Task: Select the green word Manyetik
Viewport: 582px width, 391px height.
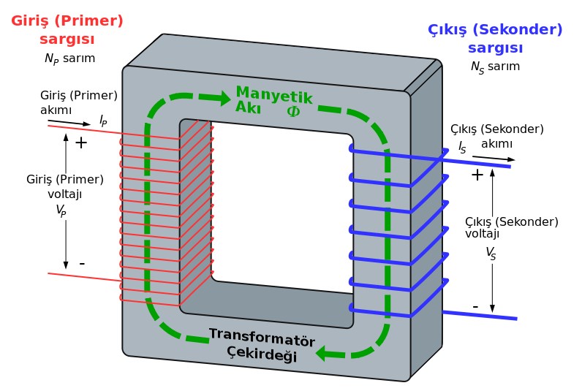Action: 274,96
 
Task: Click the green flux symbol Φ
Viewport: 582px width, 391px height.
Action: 293,112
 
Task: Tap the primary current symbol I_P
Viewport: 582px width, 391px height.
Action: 103,120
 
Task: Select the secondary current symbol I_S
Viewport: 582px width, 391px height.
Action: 462,147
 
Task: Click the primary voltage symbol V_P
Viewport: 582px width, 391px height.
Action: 61,210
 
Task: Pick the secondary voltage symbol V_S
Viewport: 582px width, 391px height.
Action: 490,253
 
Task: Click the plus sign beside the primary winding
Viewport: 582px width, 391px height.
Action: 81,143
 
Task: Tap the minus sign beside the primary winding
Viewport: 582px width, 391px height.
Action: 82,262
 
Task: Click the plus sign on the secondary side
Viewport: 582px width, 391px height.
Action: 477,175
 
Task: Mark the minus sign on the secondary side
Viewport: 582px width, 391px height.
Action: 475,305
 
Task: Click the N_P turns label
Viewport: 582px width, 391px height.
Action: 69,58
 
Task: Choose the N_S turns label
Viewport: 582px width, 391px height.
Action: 495,67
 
